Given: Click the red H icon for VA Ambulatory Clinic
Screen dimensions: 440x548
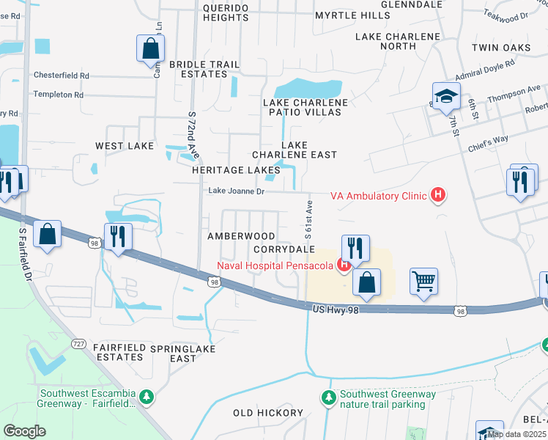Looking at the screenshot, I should (438, 195).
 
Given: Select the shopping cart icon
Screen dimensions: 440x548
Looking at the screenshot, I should (424, 281).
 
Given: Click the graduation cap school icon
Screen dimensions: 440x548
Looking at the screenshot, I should (445, 96).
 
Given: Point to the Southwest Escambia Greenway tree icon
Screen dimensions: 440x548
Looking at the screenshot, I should (147, 397).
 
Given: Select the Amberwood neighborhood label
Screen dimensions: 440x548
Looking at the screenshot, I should (241, 236).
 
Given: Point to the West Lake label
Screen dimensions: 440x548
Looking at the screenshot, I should (125, 146).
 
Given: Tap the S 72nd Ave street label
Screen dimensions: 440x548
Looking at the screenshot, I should (193, 136).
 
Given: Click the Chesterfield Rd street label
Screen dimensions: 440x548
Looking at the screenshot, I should (62, 76).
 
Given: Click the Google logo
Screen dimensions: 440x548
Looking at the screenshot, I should (24, 431).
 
